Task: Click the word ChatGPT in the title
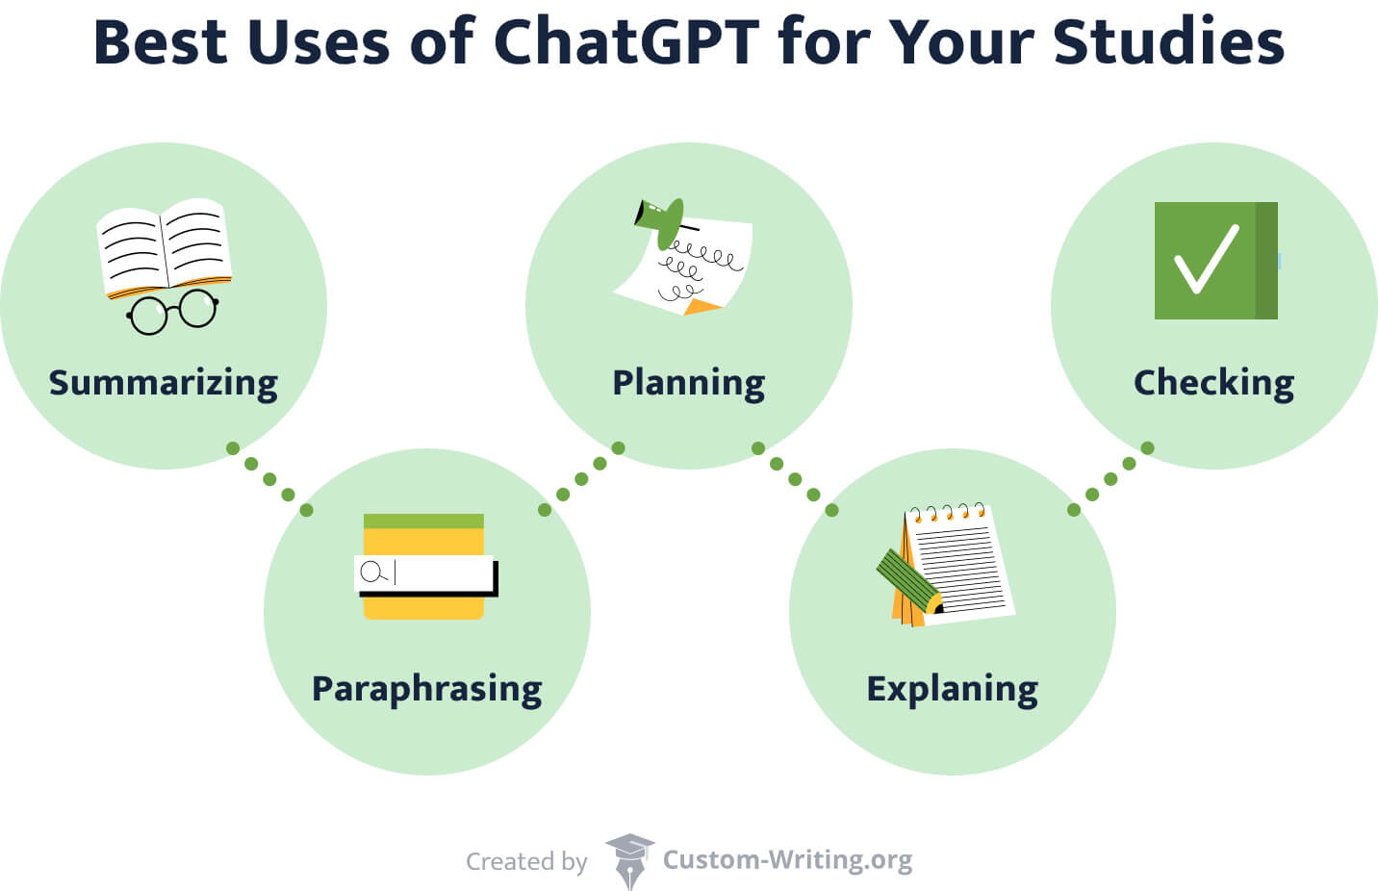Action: point(626,42)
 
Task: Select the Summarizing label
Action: point(164,382)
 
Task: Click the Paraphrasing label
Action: point(427,689)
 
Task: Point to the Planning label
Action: point(689,382)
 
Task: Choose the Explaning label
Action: point(953,689)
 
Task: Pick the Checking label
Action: point(1213,382)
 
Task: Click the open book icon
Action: point(165,246)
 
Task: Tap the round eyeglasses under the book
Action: point(173,311)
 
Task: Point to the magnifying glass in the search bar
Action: point(370,573)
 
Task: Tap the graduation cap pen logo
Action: point(629,860)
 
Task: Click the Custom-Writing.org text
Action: point(787,859)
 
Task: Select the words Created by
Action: point(526,861)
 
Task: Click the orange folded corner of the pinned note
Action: point(702,307)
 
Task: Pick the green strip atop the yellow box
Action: point(423,521)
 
